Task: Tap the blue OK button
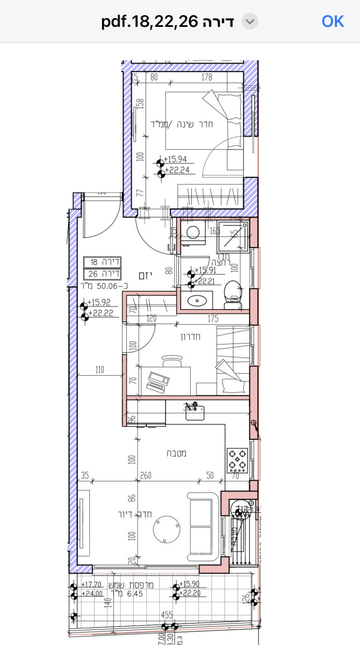coord(333,21)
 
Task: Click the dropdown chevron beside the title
coord(250,21)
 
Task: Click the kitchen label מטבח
coord(177,454)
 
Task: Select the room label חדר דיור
coord(136,514)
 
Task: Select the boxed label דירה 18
coord(103,262)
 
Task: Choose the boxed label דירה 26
coord(103,274)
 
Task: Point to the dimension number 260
coord(145,475)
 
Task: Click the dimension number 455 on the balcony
coord(167,616)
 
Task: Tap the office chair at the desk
coord(172,361)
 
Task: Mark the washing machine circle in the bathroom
coord(192,232)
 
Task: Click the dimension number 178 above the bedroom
coord(206,77)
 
